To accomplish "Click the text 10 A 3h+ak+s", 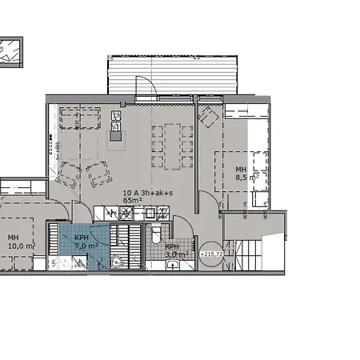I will tap(147, 193).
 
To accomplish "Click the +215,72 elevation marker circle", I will tap(212, 254).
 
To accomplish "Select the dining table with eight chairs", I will tap(172, 146).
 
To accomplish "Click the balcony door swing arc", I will tap(144, 84).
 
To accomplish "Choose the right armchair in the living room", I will tap(99, 171).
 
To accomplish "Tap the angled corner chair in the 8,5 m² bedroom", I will tap(208, 118).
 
